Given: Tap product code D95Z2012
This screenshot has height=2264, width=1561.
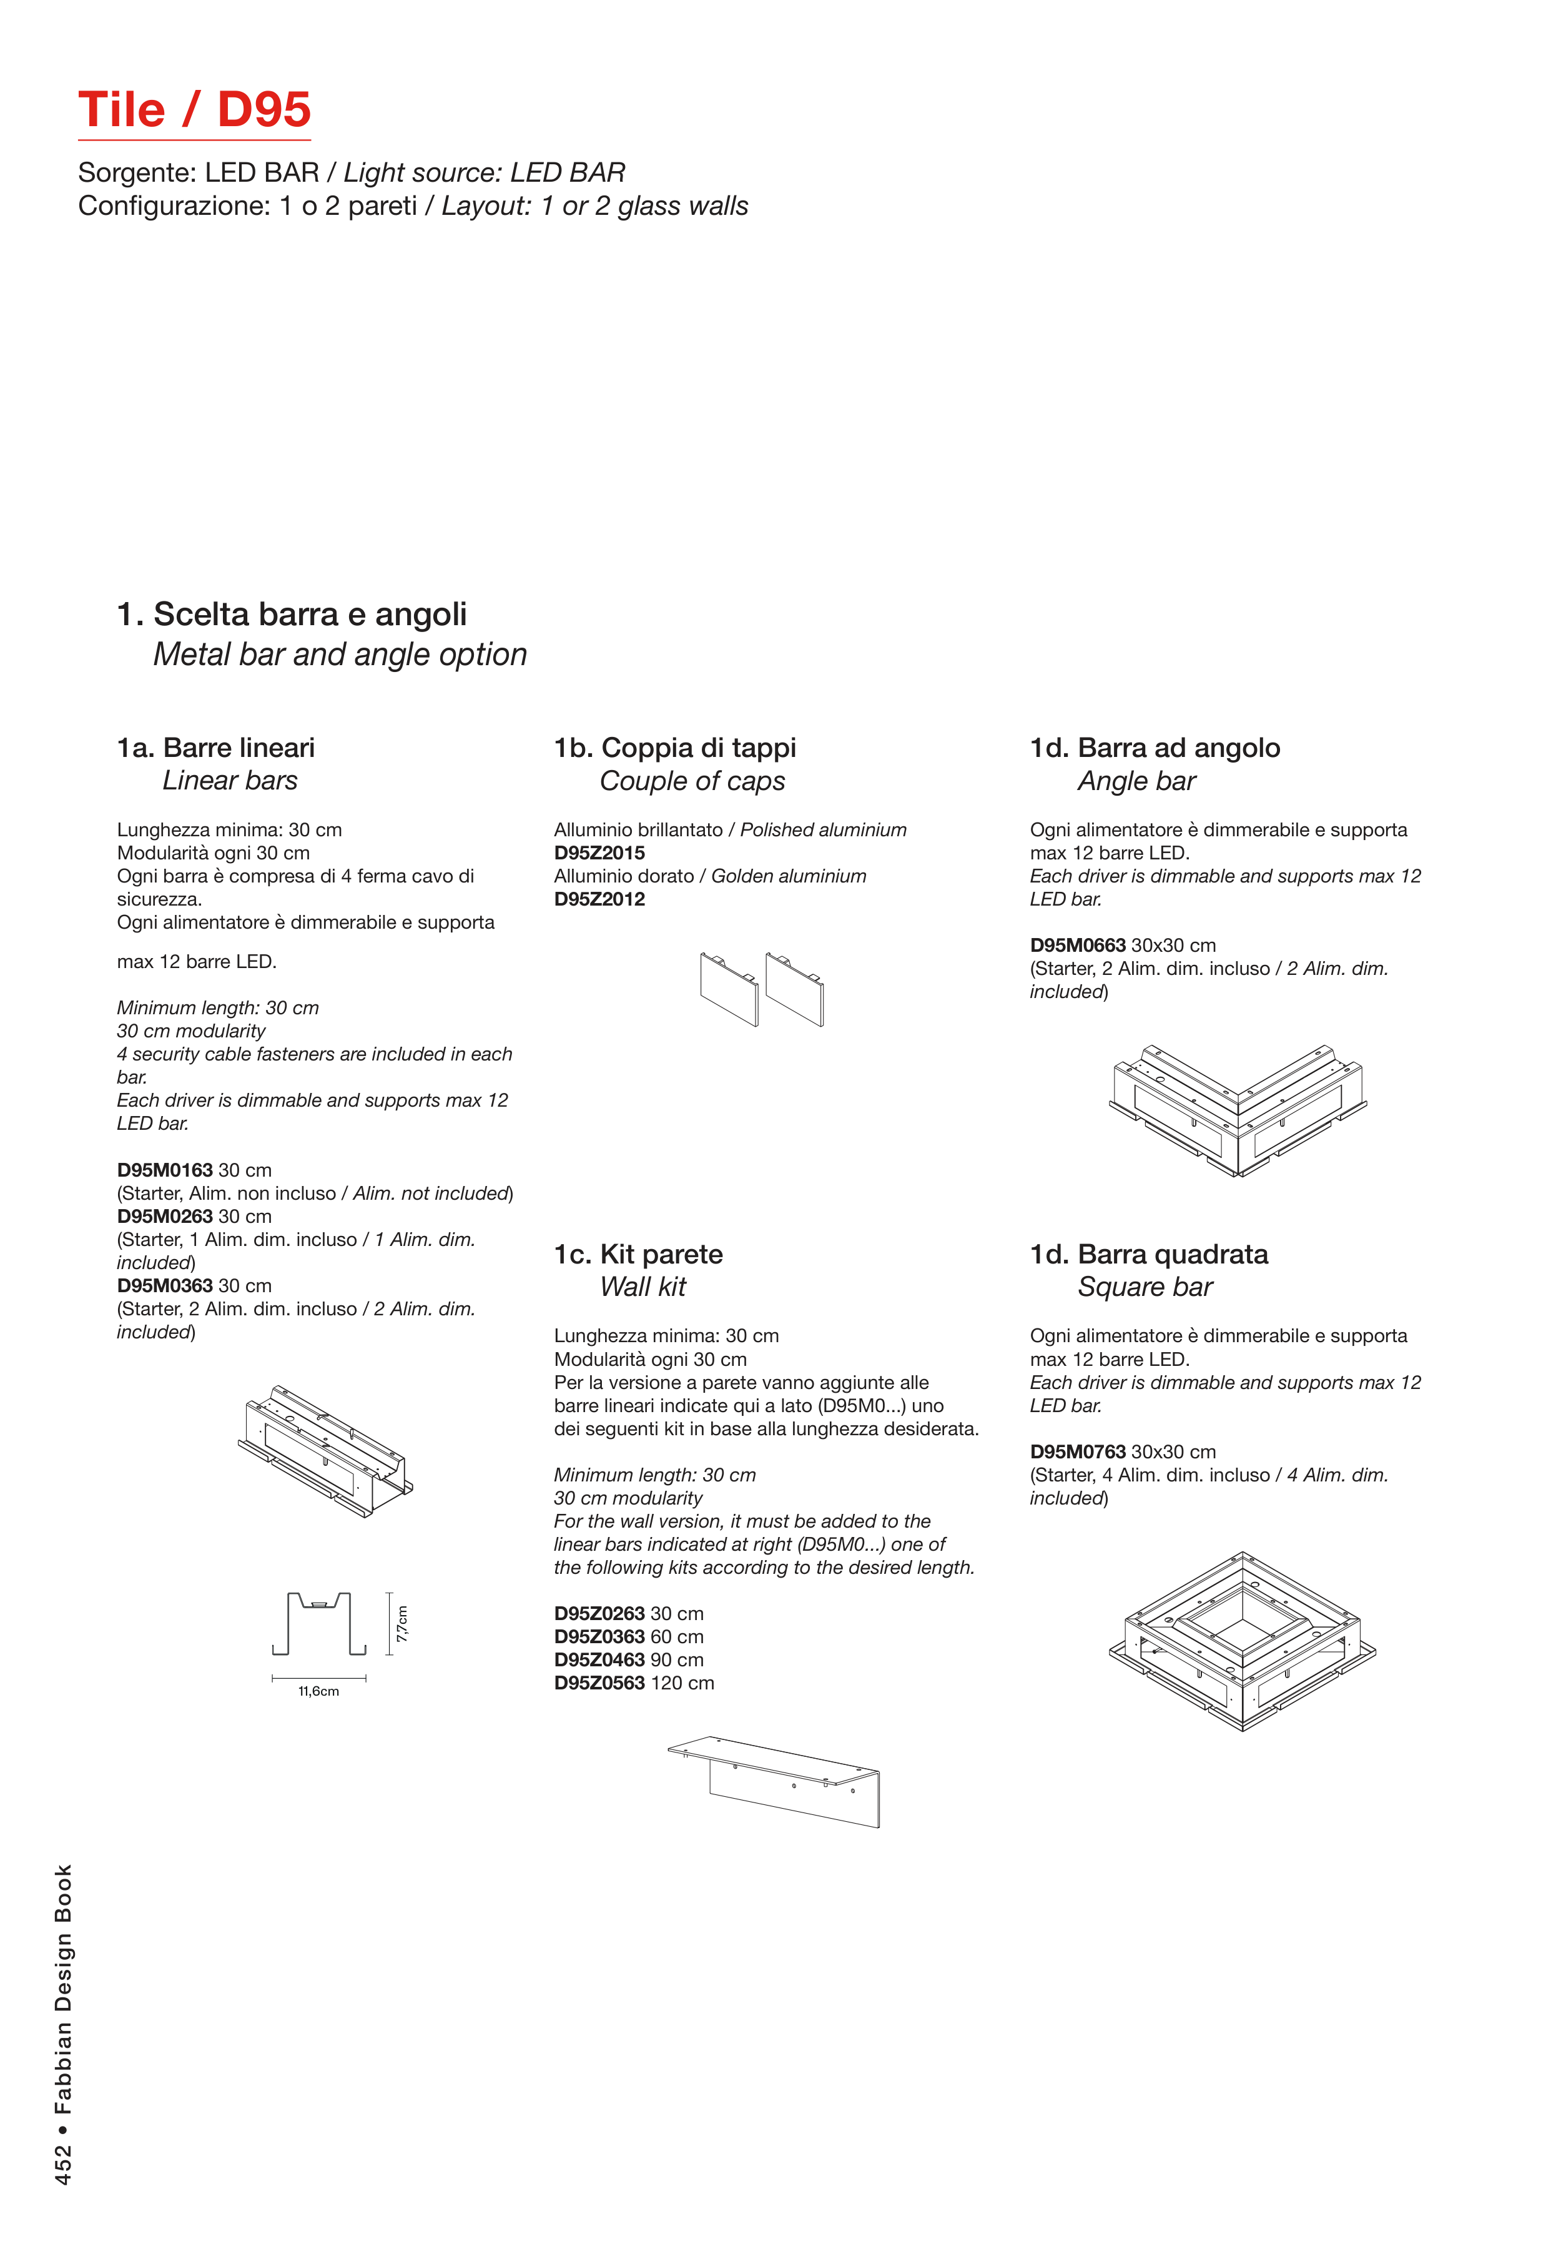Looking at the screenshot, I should [x=599, y=899].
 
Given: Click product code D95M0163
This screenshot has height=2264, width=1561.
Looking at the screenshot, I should [x=164, y=1170].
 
